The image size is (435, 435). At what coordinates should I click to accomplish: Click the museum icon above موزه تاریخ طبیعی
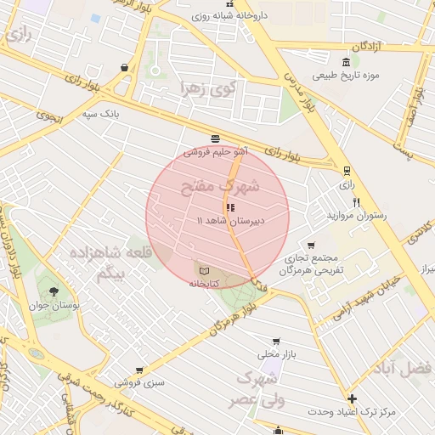(x=344, y=63)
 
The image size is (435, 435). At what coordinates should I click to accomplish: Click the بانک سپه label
(x=119, y=112)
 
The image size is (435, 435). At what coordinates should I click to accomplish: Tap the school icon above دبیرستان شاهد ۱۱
(x=230, y=207)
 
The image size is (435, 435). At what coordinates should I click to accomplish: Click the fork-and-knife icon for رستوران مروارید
(x=356, y=202)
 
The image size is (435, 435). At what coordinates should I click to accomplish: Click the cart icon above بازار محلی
(x=274, y=340)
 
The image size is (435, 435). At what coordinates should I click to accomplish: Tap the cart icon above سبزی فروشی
(x=138, y=370)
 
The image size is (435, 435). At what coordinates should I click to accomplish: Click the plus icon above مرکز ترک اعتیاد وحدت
(x=351, y=398)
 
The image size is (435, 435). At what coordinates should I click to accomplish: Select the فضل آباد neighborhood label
(x=408, y=368)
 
